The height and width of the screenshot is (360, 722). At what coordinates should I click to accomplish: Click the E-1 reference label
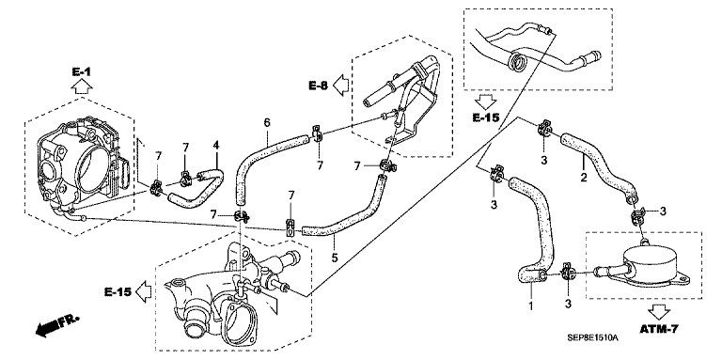[82, 71]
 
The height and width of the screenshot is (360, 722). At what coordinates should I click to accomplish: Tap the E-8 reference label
[318, 85]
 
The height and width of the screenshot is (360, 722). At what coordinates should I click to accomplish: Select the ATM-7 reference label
[659, 329]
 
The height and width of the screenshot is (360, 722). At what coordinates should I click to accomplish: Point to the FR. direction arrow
[56, 325]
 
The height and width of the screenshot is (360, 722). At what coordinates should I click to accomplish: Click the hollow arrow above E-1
[82, 86]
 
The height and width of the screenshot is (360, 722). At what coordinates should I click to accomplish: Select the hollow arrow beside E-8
[341, 85]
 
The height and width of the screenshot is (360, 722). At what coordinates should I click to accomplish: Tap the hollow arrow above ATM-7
[659, 312]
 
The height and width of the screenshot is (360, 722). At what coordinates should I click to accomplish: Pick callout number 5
[335, 257]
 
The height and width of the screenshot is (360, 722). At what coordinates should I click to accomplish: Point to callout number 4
[215, 146]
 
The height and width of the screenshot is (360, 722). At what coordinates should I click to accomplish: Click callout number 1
[530, 305]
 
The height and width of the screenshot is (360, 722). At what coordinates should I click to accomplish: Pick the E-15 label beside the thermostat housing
[118, 292]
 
